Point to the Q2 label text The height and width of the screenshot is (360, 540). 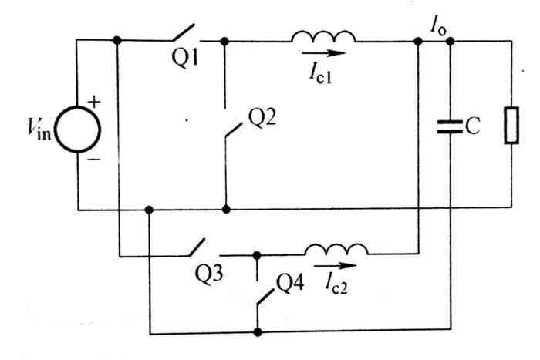click(263, 116)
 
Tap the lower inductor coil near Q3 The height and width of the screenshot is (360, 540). click(336, 248)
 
